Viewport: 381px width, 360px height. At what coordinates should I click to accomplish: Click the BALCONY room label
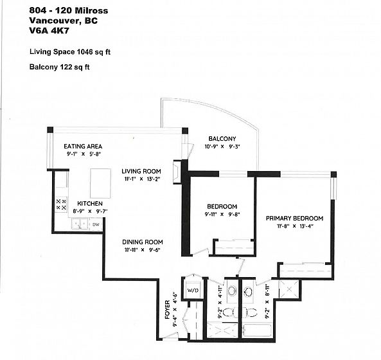(x=222, y=139)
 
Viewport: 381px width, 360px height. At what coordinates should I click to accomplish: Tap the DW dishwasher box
(x=96, y=224)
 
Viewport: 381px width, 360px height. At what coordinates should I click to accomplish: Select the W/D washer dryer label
(x=193, y=290)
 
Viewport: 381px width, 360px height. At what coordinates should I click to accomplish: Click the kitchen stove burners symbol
(x=61, y=204)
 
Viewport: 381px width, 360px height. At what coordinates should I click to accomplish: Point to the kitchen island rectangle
(x=101, y=183)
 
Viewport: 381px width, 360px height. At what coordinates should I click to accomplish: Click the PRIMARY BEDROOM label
(x=294, y=219)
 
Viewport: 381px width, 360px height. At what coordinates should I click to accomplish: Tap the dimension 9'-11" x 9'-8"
(x=222, y=215)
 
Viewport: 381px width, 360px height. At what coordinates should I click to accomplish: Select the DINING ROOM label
(x=143, y=242)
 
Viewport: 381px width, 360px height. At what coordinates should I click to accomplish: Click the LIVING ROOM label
(x=141, y=172)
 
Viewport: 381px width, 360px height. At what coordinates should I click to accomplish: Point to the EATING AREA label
(x=83, y=147)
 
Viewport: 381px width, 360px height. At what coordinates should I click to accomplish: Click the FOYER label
(x=168, y=309)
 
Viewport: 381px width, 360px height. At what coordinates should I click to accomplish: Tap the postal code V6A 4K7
(x=49, y=31)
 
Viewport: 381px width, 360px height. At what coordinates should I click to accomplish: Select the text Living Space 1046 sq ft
(x=70, y=52)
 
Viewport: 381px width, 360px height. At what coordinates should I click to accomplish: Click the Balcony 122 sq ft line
(x=60, y=67)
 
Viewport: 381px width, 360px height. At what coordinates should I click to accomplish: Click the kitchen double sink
(x=80, y=224)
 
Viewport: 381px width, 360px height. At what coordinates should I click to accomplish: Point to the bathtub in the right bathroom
(x=257, y=330)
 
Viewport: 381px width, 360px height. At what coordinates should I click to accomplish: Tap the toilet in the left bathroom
(x=229, y=312)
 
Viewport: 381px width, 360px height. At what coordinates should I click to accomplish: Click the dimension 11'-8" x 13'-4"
(x=295, y=226)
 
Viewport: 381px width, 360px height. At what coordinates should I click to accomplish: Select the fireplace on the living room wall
(x=177, y=172)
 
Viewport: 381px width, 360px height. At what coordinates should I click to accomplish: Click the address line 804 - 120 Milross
(x=69, y=11)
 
